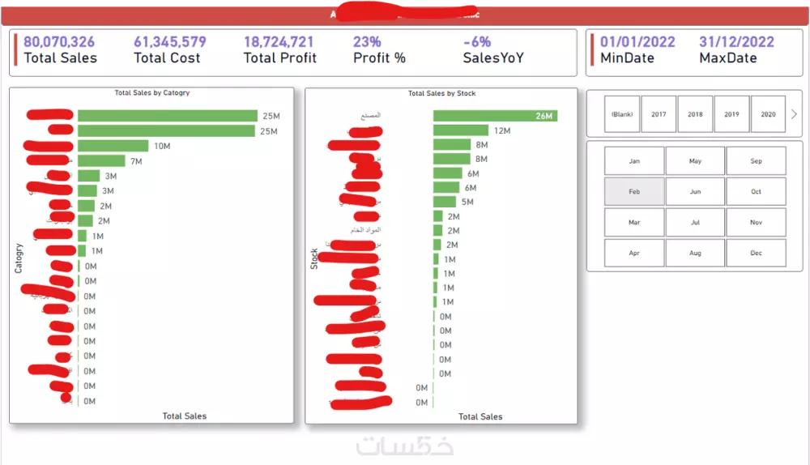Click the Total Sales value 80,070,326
[59, 42]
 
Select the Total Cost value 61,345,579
[170, 42]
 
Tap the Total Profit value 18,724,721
[279, 42]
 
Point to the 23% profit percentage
[366, 42]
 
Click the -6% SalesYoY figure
[476, 42]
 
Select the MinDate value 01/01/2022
[637, 42]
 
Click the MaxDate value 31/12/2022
[736, 42]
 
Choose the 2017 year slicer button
[659, 114]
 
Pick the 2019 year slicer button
[731, 114]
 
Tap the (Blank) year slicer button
[622, 114]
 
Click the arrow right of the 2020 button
[794, 114]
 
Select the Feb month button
[634, 192]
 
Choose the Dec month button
[756, 253]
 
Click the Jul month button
[695, 222]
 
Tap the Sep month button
[756, 161]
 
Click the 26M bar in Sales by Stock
[494, 116]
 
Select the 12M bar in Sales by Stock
[460, 130]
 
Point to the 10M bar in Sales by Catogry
[113, 146]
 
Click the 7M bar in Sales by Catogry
[101, 161]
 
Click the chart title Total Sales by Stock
[441, 93]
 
